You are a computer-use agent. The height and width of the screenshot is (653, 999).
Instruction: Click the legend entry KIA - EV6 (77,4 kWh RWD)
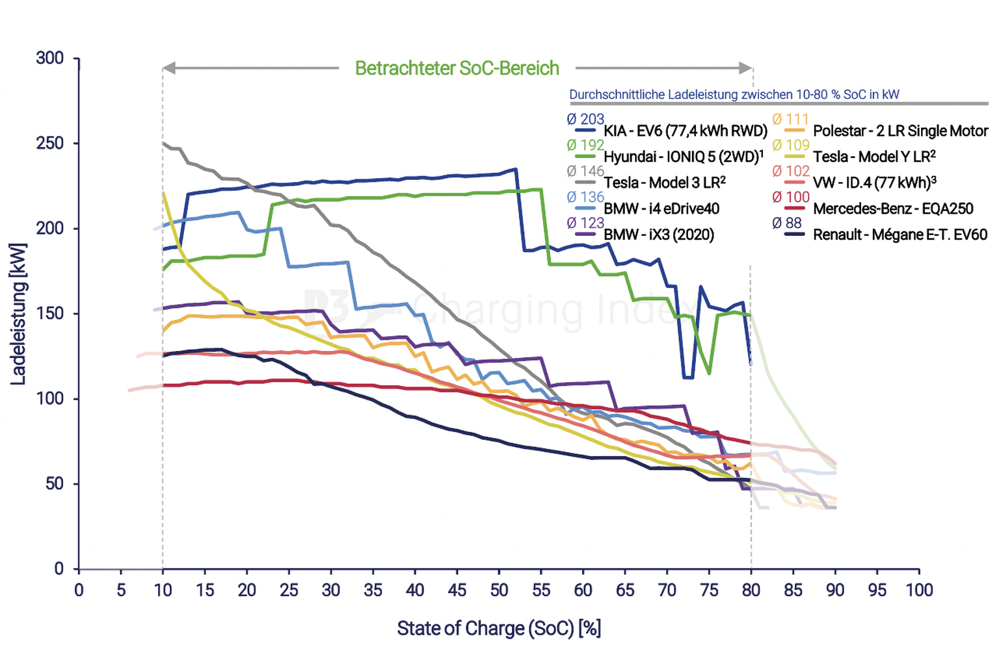point(686,131)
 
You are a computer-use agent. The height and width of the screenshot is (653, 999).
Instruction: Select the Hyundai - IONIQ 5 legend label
point(683,157)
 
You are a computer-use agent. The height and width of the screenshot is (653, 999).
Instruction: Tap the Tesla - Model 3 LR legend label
point(664,183)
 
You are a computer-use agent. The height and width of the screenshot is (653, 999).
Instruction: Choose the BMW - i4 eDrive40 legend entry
point(661,209)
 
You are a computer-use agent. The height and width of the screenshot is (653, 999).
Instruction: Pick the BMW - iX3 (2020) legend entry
point(658,235)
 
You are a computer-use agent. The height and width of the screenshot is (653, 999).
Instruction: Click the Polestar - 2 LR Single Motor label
point(900,131)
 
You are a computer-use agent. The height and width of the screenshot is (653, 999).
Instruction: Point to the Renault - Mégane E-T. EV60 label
point(900,235)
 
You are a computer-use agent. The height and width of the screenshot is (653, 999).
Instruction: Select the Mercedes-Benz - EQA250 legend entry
point(893,209)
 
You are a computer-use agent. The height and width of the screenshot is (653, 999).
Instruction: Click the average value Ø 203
point(585,120)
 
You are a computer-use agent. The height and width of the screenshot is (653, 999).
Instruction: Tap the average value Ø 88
point(787,224)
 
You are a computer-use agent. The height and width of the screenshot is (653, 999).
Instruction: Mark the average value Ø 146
point(585,172)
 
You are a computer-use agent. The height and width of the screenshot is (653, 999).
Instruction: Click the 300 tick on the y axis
point(50,58)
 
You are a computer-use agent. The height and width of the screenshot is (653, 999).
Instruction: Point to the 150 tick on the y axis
point(50,314)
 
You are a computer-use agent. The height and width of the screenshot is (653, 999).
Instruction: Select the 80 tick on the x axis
point(751,590)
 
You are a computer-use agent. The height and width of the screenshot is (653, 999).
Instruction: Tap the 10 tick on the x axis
point(163,590)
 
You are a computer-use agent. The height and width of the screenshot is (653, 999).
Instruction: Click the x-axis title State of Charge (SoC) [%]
point(499,629)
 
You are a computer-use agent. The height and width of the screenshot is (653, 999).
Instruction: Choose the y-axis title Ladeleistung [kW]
point(18,314)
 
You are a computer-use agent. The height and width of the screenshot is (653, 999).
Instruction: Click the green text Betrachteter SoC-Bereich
point(457,68)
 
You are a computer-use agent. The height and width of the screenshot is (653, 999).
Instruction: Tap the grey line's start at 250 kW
point(163,143)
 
